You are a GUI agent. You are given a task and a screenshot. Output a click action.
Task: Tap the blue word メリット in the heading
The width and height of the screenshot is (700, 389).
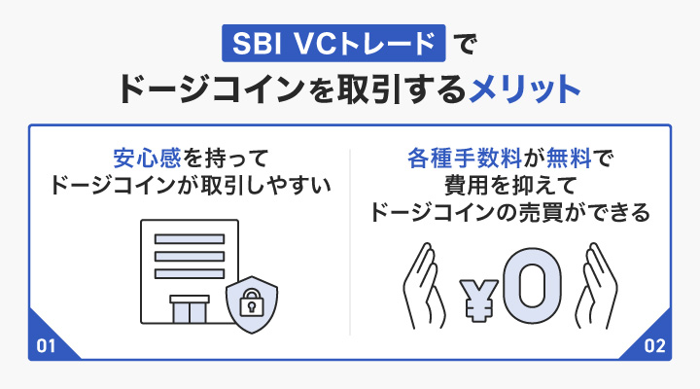526,89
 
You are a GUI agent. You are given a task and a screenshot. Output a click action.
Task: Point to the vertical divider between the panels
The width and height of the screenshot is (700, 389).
350,242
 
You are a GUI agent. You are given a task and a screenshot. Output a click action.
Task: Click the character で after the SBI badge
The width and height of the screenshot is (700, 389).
461,45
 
